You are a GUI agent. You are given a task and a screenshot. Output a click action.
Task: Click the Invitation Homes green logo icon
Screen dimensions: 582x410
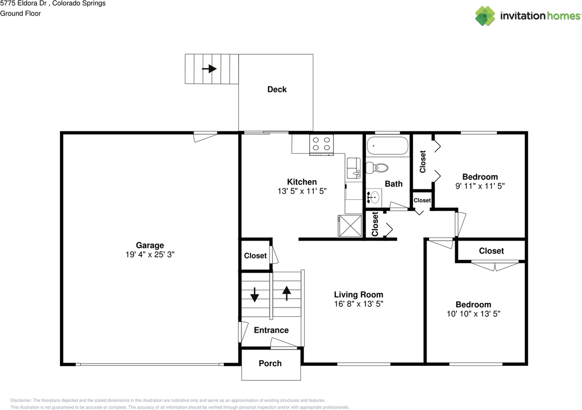click(x=485, y=16)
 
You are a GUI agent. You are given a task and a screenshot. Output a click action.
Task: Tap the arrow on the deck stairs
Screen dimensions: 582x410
click(x=210, y=69)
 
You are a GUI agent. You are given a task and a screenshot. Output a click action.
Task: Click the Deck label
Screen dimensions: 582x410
click(x=277, y=90)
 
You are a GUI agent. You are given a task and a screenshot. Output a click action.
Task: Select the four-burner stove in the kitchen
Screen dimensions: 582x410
click(x=321, y=145)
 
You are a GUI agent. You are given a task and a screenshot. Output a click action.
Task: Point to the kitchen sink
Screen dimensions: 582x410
click(x=354, y=168)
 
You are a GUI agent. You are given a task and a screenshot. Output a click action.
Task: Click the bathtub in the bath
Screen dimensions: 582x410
click(x=387, y=146)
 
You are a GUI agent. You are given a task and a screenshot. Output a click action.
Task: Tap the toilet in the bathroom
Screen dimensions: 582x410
click(x=377, y=168)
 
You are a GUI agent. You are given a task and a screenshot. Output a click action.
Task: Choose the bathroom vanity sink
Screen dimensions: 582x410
click(x=373, y=198)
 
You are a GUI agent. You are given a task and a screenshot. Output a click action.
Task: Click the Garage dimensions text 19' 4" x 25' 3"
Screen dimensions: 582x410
click(x=150, y=254)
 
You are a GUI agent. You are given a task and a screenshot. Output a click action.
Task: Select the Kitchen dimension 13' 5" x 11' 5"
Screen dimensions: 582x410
click(x=302, y=191)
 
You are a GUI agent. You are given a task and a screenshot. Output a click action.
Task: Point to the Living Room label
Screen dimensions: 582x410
click(x=359, y=294)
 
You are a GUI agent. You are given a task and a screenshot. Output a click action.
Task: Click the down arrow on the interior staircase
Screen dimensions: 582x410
click(x=255, y=295)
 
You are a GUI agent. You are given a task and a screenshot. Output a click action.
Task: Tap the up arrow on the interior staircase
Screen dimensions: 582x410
click(x=286, y=293)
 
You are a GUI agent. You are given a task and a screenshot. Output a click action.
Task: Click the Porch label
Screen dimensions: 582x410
click(x=270, y=363)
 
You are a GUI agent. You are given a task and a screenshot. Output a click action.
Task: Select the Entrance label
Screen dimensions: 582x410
click(x=271, y=330)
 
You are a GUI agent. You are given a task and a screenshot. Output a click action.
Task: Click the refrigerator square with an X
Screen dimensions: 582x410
click(x=350, y=226)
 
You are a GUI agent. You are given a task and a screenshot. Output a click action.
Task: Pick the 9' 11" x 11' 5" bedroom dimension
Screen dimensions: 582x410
click(x=480, y=186)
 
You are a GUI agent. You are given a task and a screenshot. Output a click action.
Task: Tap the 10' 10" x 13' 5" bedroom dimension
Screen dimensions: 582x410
click(x=473, y=314)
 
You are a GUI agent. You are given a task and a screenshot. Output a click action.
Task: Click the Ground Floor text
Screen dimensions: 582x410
click(x=20, y=14)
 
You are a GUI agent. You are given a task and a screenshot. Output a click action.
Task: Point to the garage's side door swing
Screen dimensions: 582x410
click(x=205, y=137)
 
